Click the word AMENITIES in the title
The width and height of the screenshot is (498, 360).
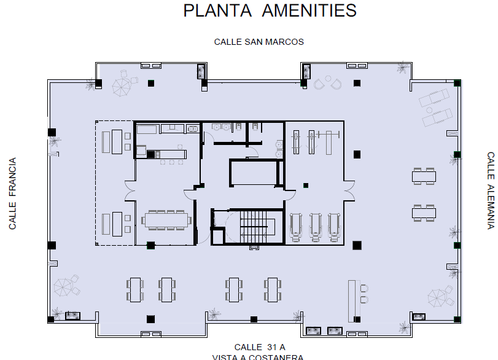309,10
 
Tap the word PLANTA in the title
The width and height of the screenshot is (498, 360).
217,10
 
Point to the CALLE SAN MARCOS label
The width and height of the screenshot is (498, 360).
259,42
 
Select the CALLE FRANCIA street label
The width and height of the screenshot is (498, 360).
12,193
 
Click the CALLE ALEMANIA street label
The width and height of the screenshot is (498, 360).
491,190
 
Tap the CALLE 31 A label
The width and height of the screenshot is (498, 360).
260,347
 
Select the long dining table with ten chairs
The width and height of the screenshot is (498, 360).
166,220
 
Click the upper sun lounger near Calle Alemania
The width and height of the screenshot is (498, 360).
434,97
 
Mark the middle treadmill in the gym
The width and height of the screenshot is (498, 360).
315,227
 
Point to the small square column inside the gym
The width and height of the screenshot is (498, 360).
306,186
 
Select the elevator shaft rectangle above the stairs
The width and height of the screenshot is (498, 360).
254,173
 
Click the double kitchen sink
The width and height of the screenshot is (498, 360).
193,129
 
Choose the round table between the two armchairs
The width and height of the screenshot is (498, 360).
328,78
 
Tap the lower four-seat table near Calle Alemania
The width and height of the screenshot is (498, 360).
424,213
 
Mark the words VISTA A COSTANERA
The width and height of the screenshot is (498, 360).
258,357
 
